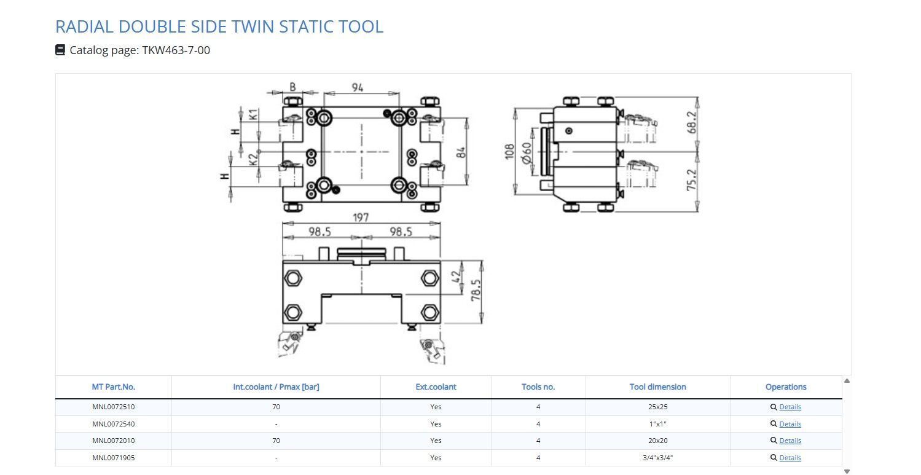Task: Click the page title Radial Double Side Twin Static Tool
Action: pyautogui.click(x=219, y=26)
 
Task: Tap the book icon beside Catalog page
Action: pyautogui.click(x=60, y=50)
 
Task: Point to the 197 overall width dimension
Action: pyautogui.click(x=361, y=217)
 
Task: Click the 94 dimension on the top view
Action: pyautogui.click(x=358, y=88)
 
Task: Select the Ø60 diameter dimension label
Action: pyautogui.click(x=527, y=153)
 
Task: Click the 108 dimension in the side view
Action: pyautogui.click(x=509, y=151)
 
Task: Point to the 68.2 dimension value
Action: pyautogui.click(x=692, y=122)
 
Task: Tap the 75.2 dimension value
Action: pyautogui.click(x=692, y=179)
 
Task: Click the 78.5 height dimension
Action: pyautogui.click(x=476, y=290)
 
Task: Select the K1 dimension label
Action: pyautogui.click(x=254, y=114)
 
